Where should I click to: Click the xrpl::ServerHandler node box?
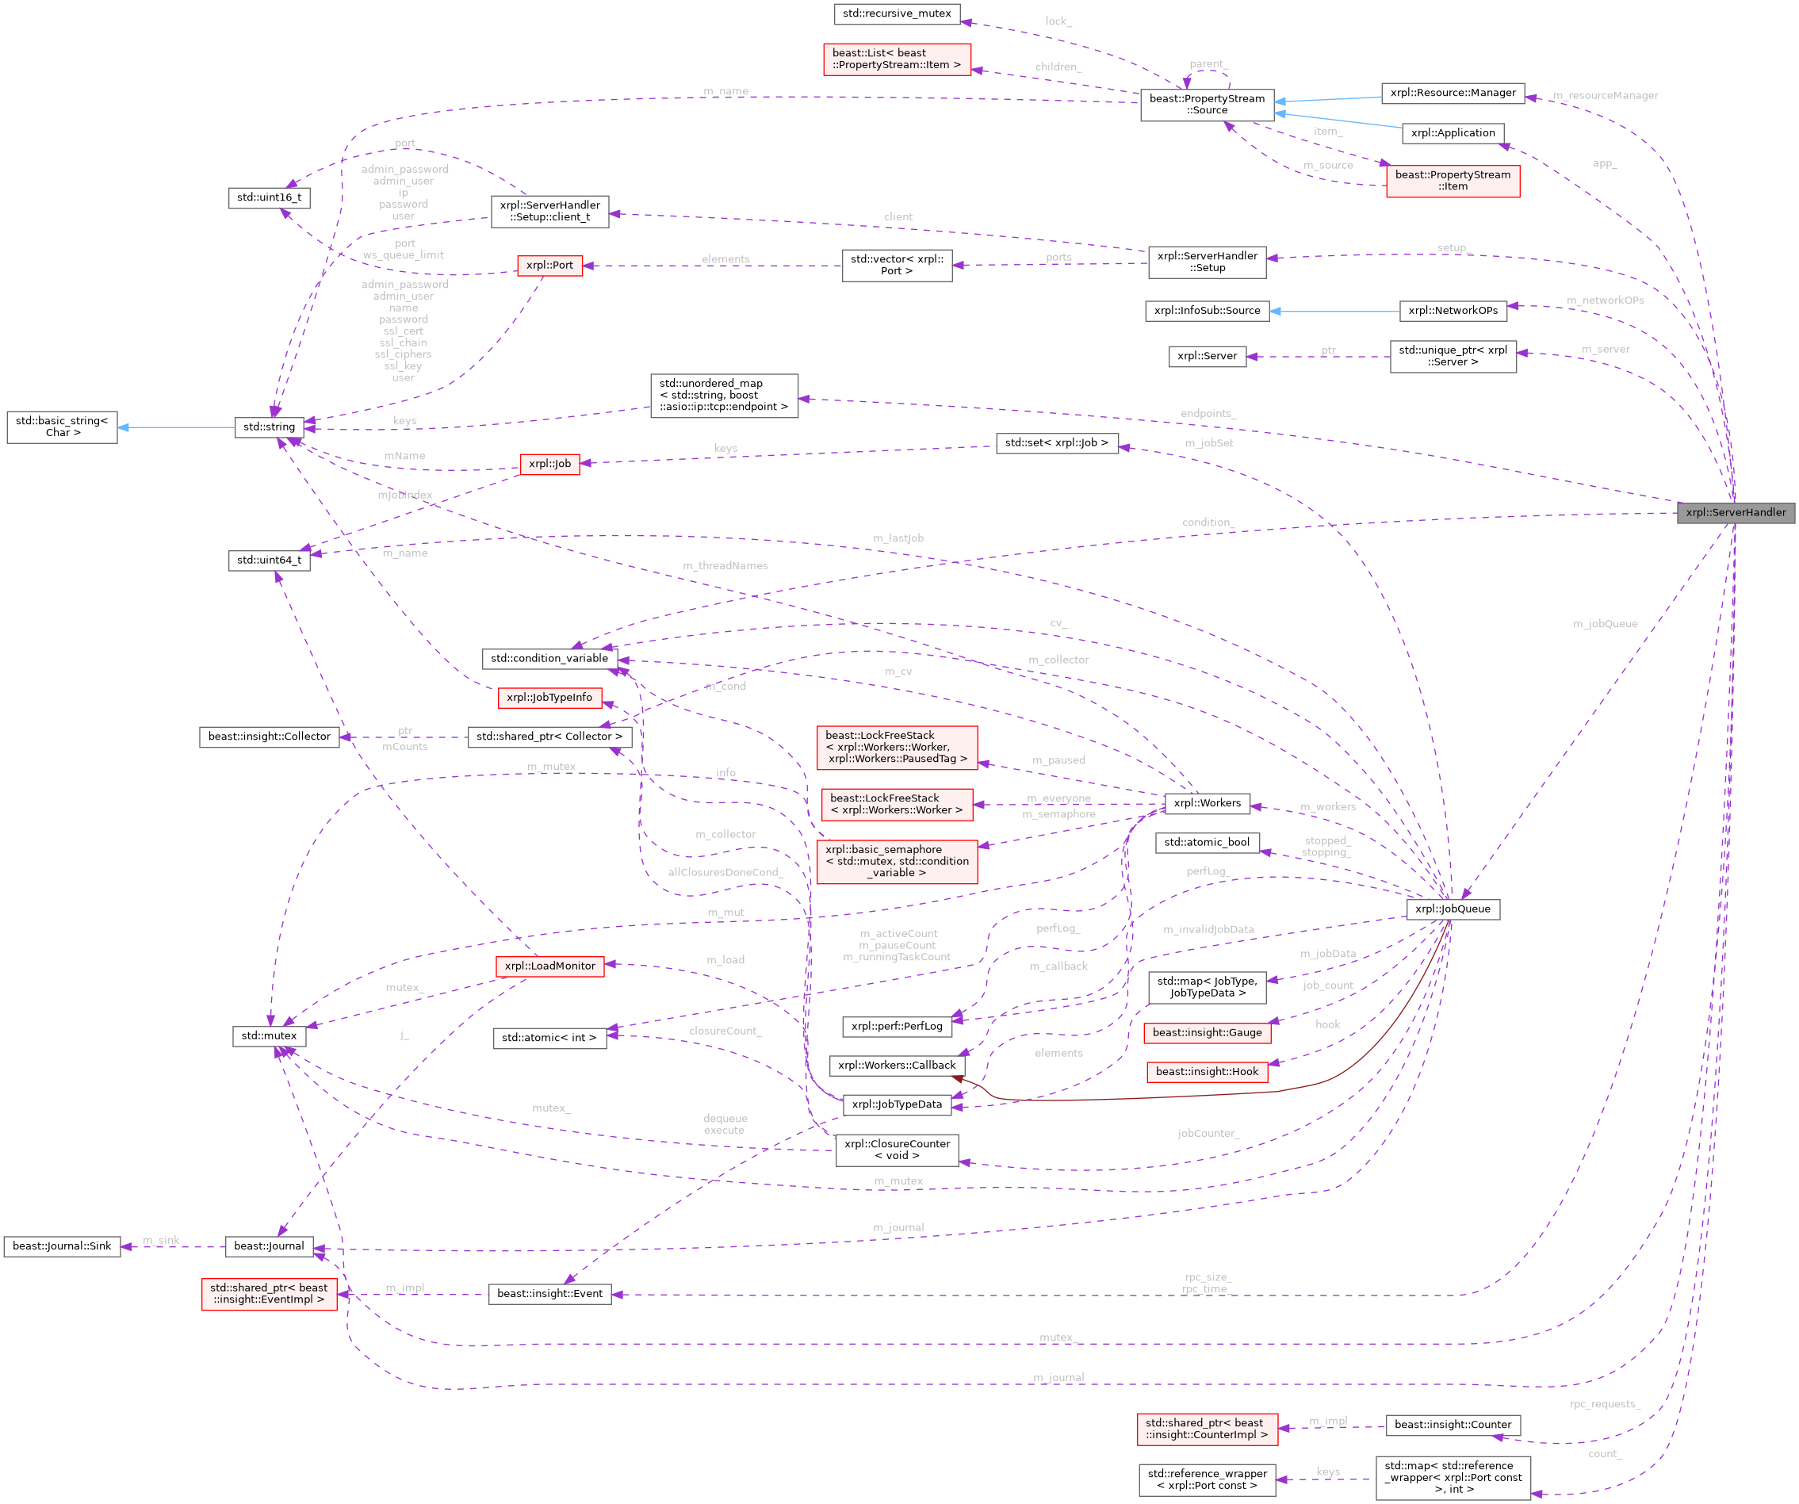point(1736,512)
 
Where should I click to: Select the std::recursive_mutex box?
point(896,13)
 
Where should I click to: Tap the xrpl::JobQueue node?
point(1452,909)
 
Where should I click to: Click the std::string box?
point(269,427)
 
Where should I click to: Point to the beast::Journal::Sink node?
point(62,1246)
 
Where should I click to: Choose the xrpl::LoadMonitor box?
point(549,966)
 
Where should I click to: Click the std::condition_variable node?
point(549,658)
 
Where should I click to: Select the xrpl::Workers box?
point(1207,803)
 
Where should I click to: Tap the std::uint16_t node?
point(269,198)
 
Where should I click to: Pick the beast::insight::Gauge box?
point(1207,1033)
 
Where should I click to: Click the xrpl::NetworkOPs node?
point(1453,311)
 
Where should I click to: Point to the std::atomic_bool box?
point(1207,843)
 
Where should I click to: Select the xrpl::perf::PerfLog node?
point(896,1026)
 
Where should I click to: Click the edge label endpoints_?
point(1208,414)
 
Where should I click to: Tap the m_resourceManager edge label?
point(1605,96)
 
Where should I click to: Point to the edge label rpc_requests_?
point(1605,1405)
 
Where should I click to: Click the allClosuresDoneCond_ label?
point(725,873)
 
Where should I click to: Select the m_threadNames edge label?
point(725,566)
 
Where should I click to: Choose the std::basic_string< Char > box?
point(62,427)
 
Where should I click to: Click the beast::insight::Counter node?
point(1453,1426)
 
